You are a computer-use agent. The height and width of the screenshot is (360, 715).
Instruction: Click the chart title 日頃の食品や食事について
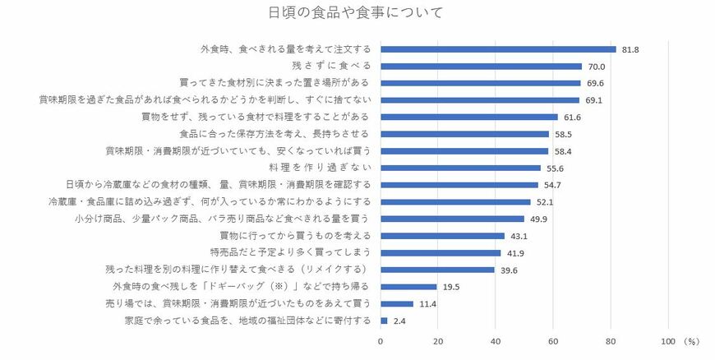click(x=357, y=12)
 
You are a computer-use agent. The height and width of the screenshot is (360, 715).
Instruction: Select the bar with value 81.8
click(x=498, y=49)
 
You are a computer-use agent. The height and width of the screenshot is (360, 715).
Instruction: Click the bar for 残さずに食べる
click(x=481, y=67)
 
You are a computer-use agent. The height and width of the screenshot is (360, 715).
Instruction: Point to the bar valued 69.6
click(x=481, y=83)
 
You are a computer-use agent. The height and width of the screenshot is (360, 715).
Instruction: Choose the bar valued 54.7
click(x=459, y=185)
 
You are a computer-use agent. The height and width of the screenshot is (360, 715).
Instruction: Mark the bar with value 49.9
click(x=452, y=219)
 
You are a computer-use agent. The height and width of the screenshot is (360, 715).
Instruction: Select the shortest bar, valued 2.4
click(x=384, y=320)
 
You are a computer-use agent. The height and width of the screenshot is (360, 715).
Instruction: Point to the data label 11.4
click(x=427, y=303)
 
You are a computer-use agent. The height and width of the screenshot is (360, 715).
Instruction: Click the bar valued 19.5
click(x=408, y=286)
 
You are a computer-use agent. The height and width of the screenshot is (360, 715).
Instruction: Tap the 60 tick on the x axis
click(x=553, y=340)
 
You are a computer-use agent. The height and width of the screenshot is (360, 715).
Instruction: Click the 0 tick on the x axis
click(x=381, y=340)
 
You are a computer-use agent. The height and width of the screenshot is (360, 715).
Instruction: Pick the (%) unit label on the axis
click(x=690, y=340)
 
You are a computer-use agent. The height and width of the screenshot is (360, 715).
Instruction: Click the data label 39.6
click(x=509, y=270)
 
